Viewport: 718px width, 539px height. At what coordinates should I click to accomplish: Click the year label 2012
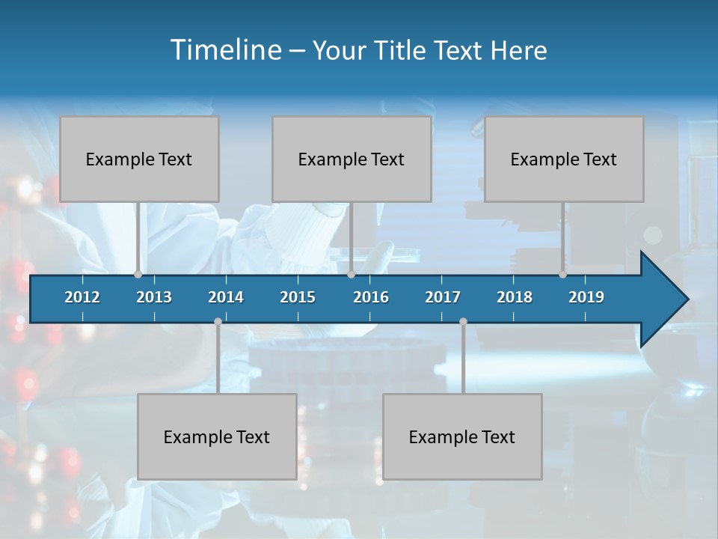pyautogui.click(x=82, y=297)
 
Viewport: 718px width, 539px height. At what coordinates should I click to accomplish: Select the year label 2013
pyautogui.click(x=154, y=297)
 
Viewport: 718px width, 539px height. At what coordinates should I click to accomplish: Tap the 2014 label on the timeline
pyautogui.click(x=226, y=297)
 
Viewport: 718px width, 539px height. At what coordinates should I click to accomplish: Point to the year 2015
pyautogui.click(x=298, y=297)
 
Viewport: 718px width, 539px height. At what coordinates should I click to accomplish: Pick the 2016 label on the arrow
pyautogui.click(x=371, y=297)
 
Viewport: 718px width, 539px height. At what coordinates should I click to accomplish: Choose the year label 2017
pyautogui.click(x=443, y=297)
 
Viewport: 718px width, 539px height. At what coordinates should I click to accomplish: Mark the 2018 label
pyautogui.click(x=515, y=297)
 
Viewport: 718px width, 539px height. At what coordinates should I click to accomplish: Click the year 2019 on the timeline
pyautogui.click(x=586, y=297)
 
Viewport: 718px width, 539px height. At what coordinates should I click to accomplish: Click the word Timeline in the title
pyautogui.click(x=224, y=50)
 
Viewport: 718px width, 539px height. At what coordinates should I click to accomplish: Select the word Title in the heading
pyautogui.click(x=401, y=51)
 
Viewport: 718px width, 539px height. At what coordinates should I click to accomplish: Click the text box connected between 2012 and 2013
pyautogui.click(x=139, y=159)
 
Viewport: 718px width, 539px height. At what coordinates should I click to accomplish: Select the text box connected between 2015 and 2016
pyautogui.click(x=352, y=159)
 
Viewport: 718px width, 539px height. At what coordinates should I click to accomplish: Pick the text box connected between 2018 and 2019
pyautogui.click(x=564, y=159)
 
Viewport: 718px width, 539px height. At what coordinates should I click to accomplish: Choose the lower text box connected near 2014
pyautogui.click(x=217, y=436)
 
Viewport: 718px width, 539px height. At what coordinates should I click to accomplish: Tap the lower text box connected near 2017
pyautogui.click(x=462, y=436)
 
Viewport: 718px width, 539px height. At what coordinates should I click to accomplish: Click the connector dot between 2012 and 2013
pyautogui.click(x=138, y=274)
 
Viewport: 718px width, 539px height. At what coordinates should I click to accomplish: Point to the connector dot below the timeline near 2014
pyautogui.click(x=218, y=322)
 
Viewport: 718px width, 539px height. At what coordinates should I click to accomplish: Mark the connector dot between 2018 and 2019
pyautogui.click(x=562, y=274)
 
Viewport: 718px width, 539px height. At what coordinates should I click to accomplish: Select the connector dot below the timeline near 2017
pyautogui.click(x=463, y=322)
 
